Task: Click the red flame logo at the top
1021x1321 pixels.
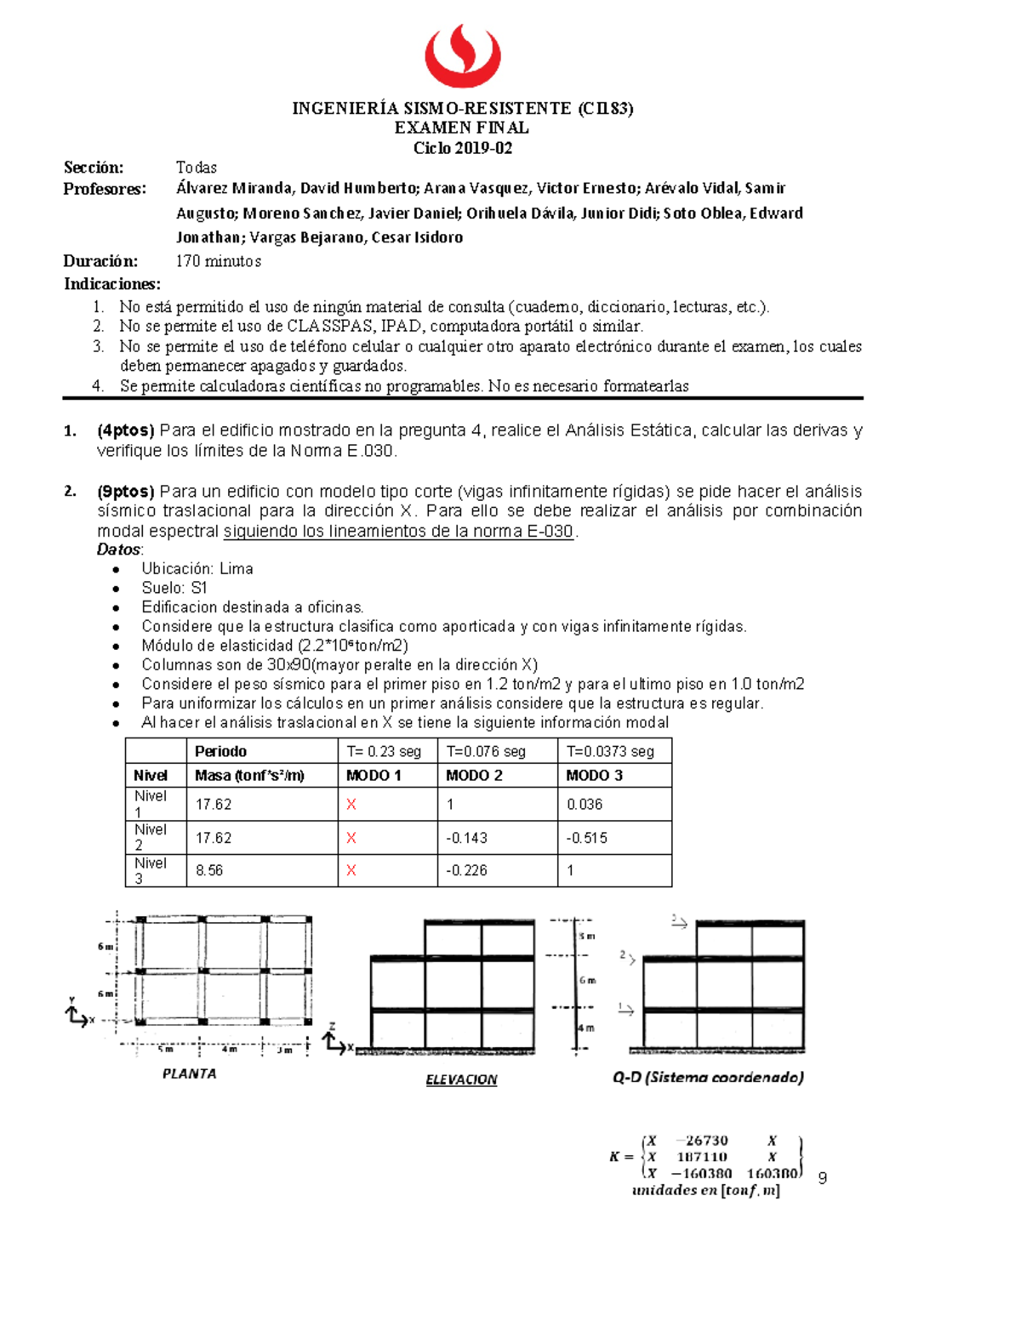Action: pos(462,55)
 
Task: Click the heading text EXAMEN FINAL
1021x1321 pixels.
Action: pos(462,128)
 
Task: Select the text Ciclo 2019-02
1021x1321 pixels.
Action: pos(462,148)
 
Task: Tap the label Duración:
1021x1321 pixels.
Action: pos(100,261)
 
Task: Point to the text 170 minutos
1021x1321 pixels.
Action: pos(219,261)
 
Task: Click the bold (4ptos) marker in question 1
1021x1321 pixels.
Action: pos(126,430)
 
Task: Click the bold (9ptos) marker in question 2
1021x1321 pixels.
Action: pos(126,492)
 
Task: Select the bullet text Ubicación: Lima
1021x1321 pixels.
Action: pos(197,568)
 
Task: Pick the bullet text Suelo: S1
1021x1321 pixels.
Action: pos(174,588)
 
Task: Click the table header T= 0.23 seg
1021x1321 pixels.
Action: pos(384,751)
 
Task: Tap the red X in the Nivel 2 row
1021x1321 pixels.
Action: pos(351,838)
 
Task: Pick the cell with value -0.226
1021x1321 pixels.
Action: pos(467,870)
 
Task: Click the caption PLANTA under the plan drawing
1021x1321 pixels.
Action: pos(189,1073)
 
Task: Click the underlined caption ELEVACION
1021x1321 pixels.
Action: pos(461,1079)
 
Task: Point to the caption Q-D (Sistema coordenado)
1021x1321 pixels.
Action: pos(708,1077)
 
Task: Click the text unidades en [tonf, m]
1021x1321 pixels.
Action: pos(705,1190)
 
